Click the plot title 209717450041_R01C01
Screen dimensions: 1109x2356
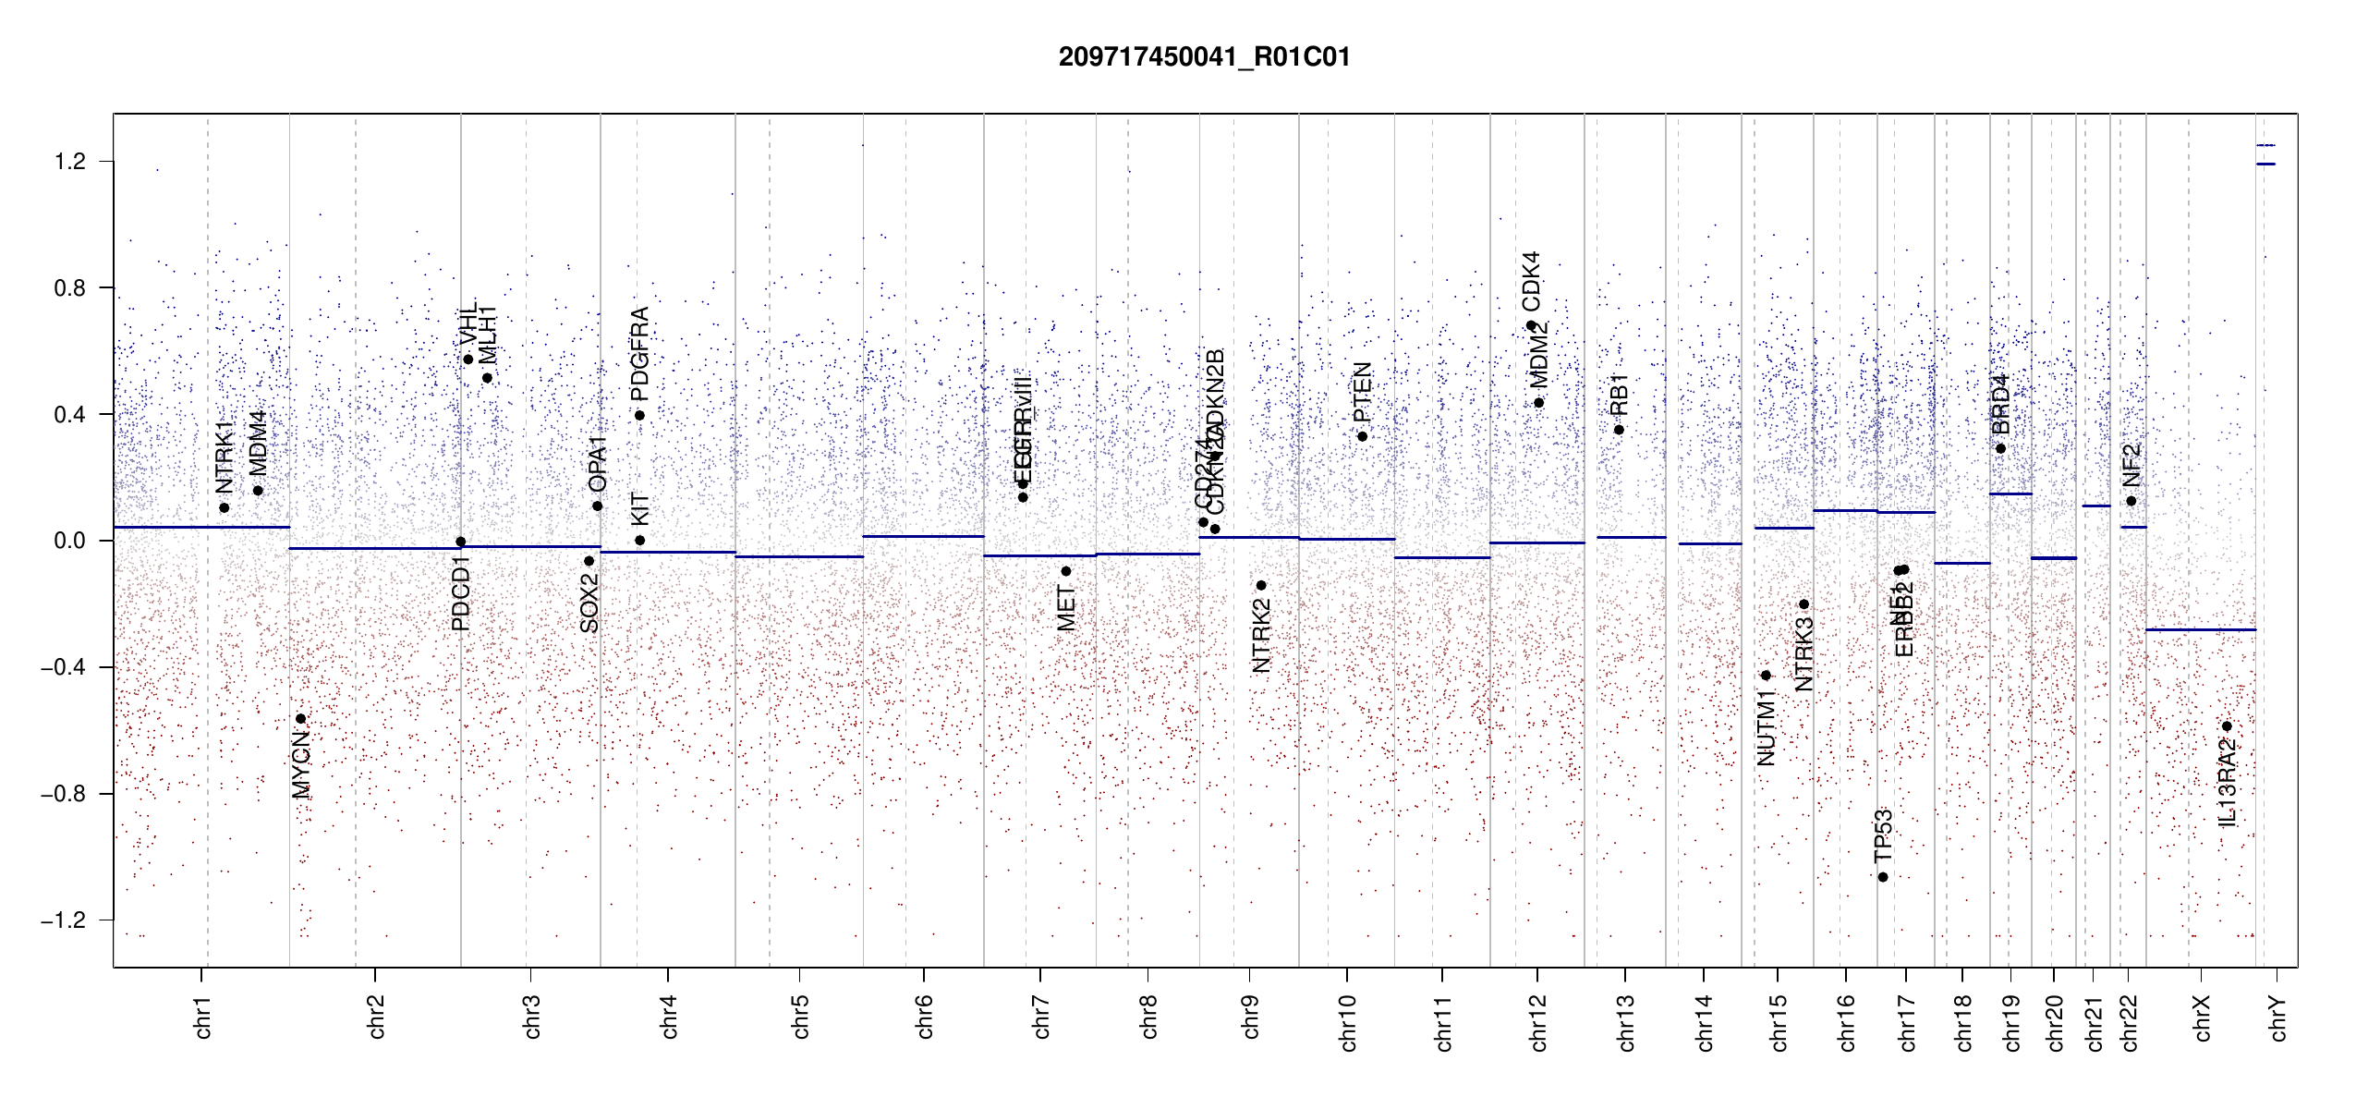coord(1204,57)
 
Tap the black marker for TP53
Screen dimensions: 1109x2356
coord(1883,877)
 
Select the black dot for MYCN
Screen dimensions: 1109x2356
coord(300,719)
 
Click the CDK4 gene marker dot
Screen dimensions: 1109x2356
coord(1531,325)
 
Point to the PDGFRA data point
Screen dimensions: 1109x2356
coord(639,415)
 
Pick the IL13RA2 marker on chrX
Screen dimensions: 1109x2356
coord(2227,726)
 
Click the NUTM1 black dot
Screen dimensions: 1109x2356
coord(1766,676)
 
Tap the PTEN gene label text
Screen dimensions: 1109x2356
coord(1362,392)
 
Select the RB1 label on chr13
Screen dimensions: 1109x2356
coord(1619,396)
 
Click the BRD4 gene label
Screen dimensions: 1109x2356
coord(2000,405)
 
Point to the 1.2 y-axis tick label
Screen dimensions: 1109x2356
coord(69,162)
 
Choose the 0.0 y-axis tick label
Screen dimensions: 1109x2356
coord(69,541)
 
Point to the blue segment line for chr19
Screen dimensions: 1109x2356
coord(2010,494)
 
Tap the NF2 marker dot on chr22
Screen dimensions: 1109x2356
coord(2131,501)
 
